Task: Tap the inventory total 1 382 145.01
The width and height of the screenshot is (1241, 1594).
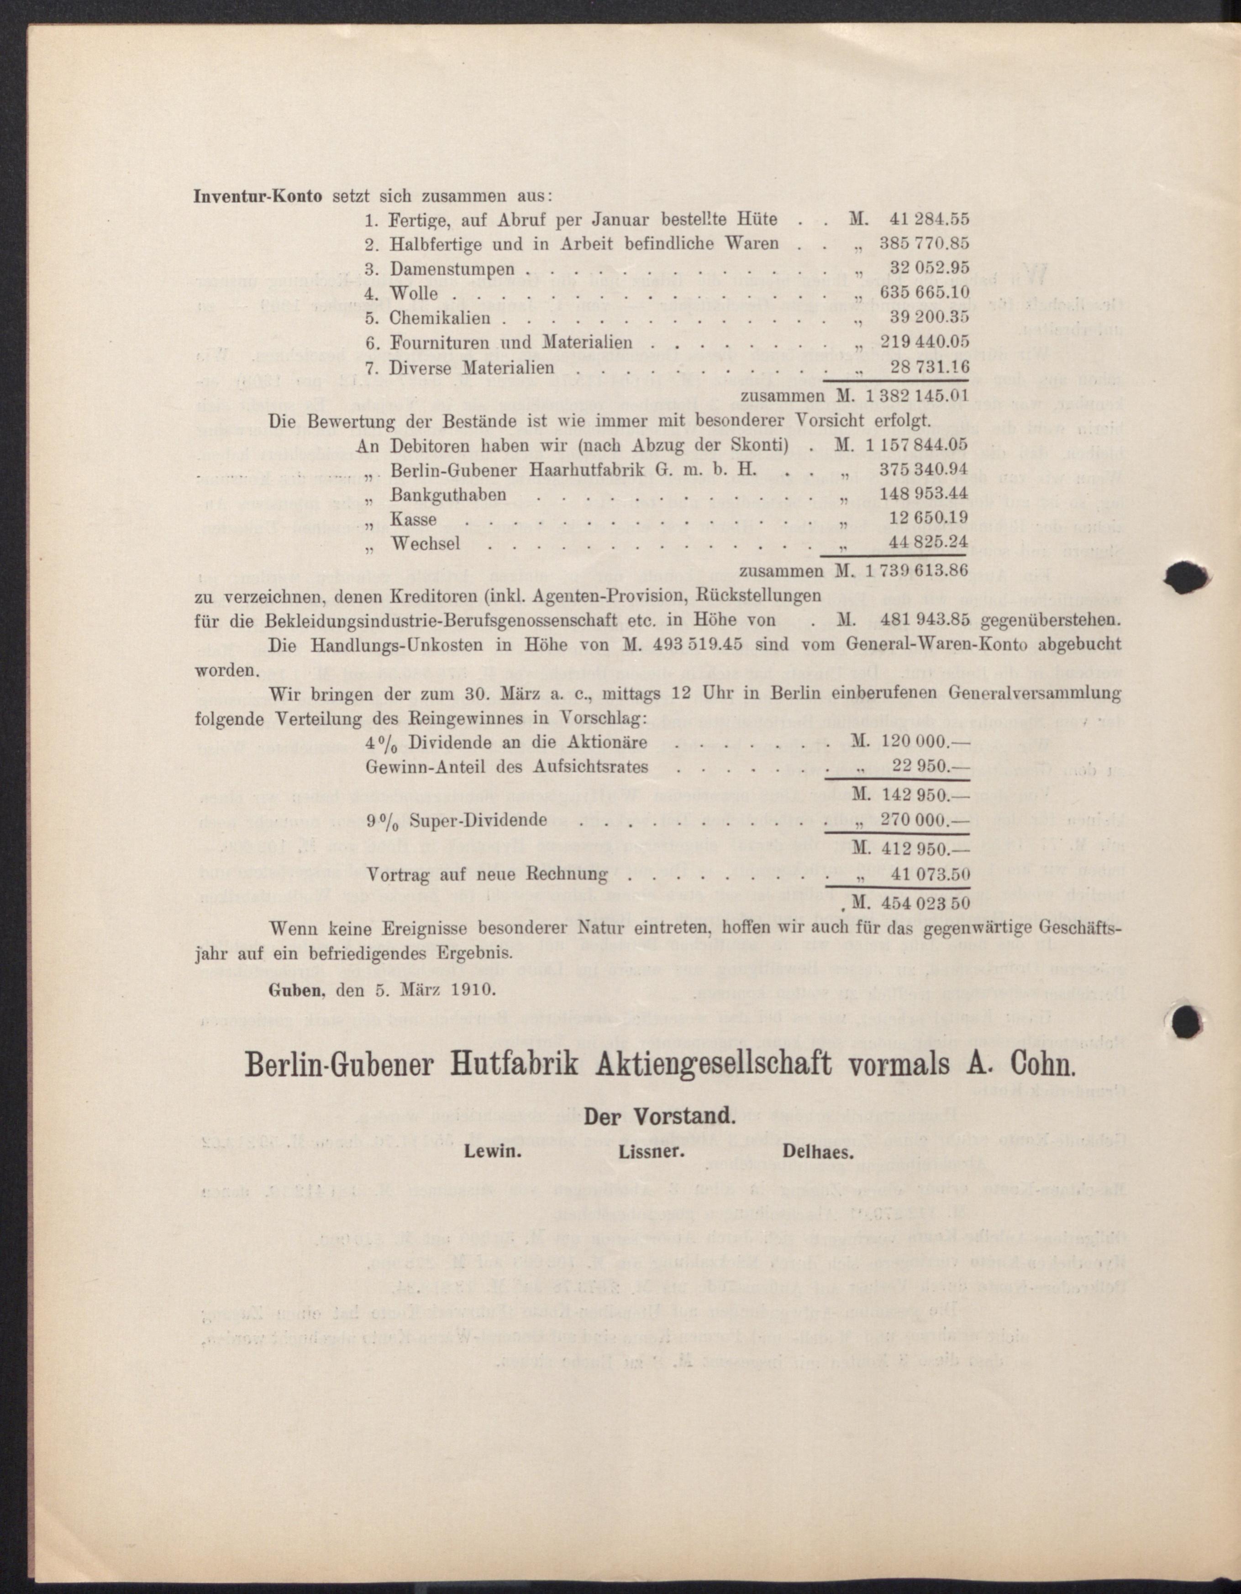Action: pos(916,396)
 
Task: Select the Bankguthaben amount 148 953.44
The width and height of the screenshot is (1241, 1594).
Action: pos(924,494)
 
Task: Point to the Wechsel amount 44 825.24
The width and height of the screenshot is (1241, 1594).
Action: pos(929,543)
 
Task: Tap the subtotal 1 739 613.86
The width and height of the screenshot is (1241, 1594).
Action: pos(916,571)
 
